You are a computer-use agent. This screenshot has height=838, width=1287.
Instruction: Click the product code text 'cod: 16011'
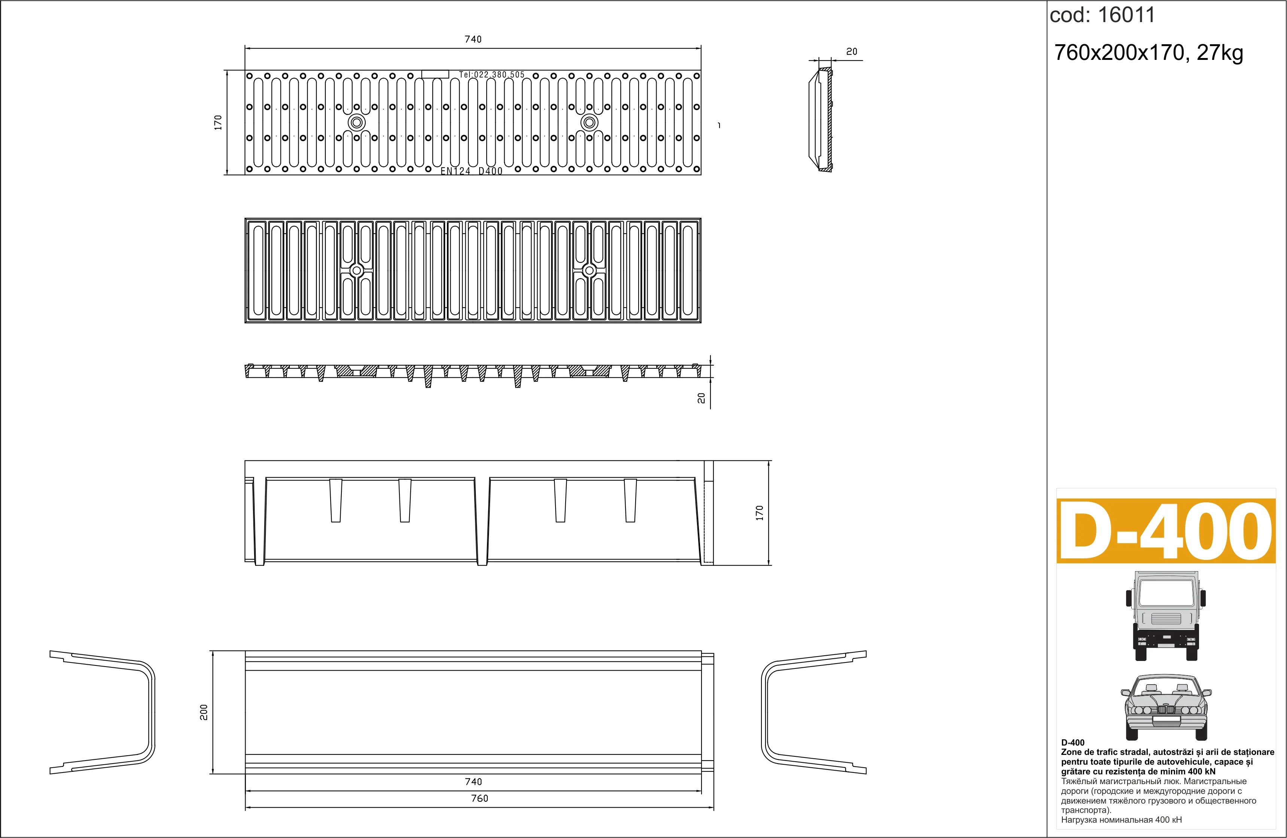pos(1102,15)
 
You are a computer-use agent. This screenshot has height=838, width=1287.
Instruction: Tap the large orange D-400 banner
pos(1166,531)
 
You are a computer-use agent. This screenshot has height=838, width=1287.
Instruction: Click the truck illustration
pos(1166,615)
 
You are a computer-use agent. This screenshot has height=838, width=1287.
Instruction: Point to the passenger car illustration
pos(1166,707)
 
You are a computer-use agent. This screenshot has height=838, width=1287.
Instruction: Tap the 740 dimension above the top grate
pos(473,39)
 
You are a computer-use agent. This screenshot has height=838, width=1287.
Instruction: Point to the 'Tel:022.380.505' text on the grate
pos(492,74)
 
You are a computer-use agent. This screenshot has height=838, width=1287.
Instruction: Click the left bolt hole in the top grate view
pos(356,122)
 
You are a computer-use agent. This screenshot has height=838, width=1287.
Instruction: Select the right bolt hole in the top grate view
pos(589,122)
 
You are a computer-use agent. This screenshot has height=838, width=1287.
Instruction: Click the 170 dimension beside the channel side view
pos(759,512)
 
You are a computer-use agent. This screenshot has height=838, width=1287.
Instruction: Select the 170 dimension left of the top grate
pos(218,122)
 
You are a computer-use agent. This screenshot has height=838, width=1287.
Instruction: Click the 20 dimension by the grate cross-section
pos(702,398)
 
